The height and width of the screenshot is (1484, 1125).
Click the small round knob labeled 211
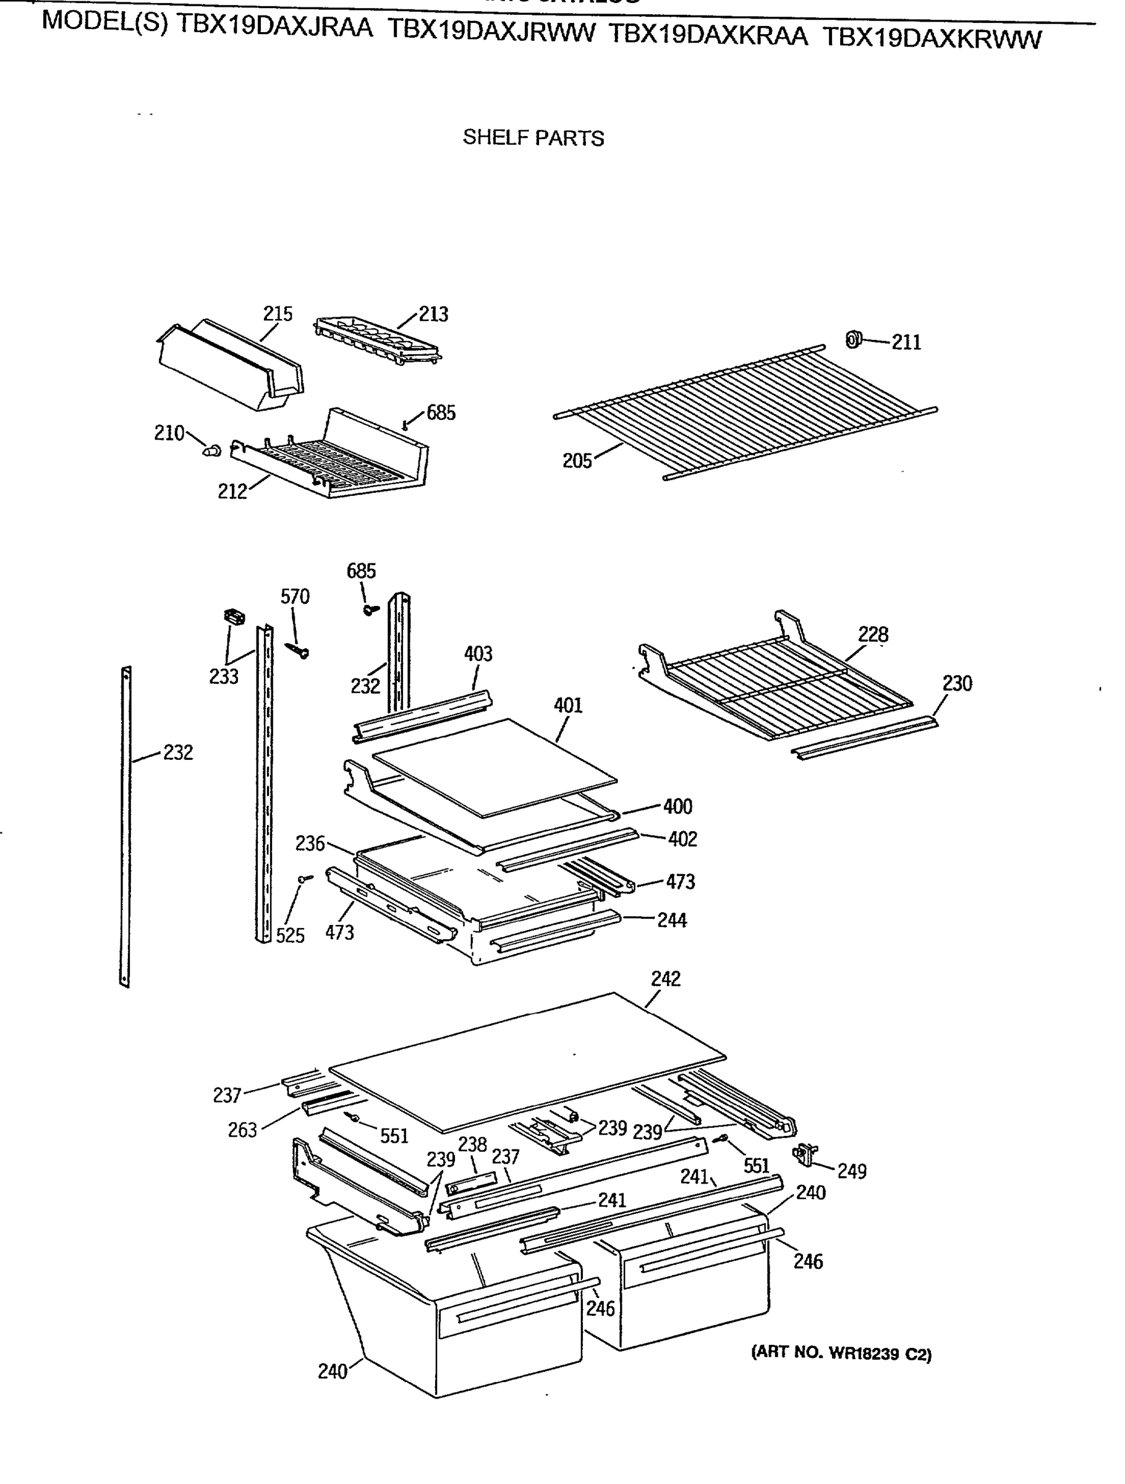(852, 339)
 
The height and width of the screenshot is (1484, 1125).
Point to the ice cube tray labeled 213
(376, 341)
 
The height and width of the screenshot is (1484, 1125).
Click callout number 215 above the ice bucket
(277, 313)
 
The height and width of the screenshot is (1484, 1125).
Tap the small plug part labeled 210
(212, 450)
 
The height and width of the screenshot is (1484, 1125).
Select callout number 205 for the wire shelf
(577, 461)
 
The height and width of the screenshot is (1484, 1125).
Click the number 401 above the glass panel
(568, 705)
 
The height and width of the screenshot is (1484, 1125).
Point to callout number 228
(873, 634)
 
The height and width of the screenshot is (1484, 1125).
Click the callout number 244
(671, 920)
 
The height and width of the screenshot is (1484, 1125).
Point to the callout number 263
(242, 1130)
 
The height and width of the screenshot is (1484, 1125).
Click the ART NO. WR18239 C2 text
(841, 1353)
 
